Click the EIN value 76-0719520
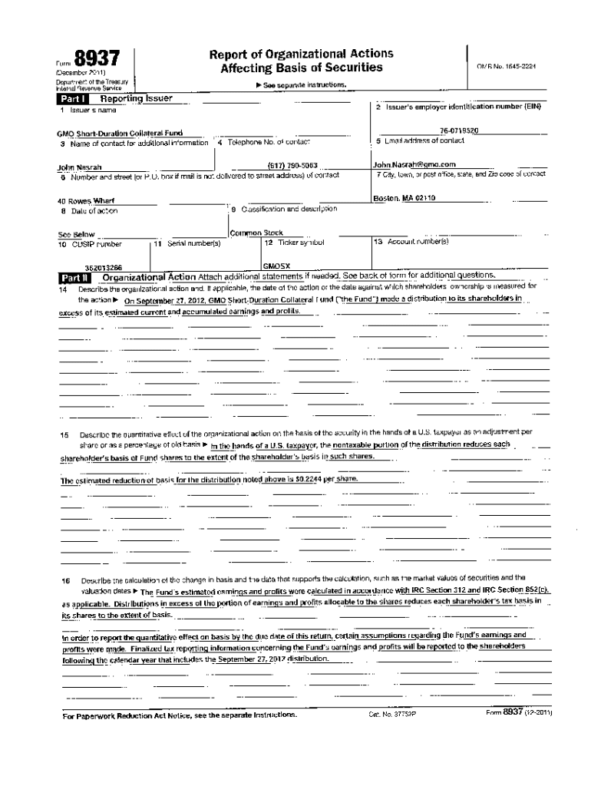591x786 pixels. [x=460, y=131]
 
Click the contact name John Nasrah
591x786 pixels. [x=80, y=167]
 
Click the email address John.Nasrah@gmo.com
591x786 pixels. [x=414, y=164]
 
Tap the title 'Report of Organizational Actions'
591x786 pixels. [x=302, y=54]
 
